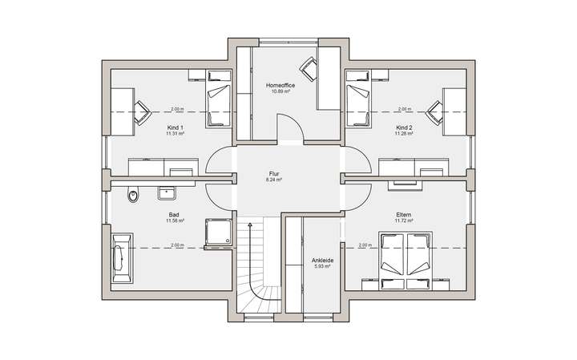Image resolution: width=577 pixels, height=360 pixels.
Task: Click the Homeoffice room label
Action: tap(280, 84)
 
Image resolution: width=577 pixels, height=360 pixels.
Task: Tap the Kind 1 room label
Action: tap(175, 127)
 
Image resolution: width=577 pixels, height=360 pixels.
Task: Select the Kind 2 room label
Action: tap(403, 127)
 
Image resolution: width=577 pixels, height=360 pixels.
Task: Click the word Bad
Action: tap(174, 214)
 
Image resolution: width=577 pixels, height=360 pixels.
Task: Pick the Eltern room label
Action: tap(403, 215)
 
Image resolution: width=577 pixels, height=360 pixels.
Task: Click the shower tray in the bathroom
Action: tap(217, 233)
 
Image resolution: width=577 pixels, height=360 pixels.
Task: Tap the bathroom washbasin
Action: tap(168, 192)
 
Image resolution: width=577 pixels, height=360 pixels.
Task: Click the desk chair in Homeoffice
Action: tap(308, 67)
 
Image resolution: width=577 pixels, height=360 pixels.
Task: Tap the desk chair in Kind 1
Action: tap(142, 111)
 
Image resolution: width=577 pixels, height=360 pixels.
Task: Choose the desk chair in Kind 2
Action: tap(435, 111)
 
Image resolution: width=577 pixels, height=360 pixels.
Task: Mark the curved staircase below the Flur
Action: tap(258, 269)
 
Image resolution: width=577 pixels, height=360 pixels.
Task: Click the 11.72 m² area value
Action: tap(403, 221)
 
